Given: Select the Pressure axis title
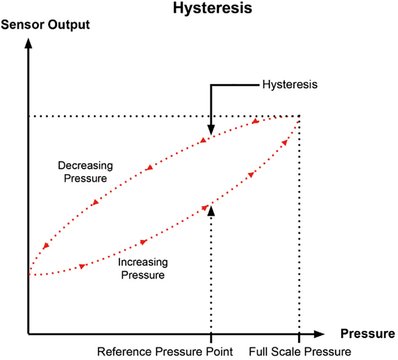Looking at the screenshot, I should pos(367,334).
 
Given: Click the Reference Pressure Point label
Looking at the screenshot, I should pos(165,351).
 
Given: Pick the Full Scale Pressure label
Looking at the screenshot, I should pos(300,351).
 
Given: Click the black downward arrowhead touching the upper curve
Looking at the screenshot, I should pos(210,130).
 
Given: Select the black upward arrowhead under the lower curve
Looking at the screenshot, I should pos(210,210).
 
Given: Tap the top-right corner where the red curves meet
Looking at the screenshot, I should pos(300,117).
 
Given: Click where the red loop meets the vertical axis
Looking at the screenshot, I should pos(29,274).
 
